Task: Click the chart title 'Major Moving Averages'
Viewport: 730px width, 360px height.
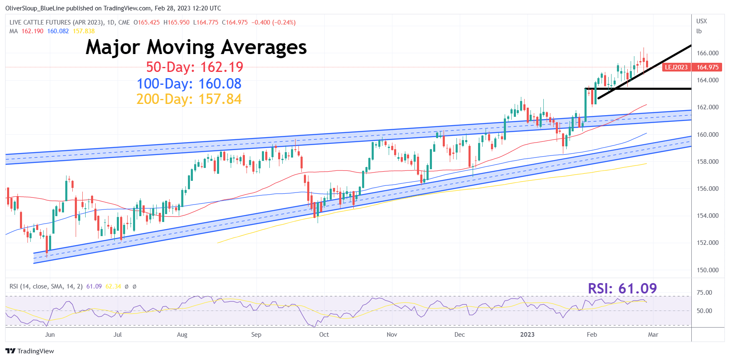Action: tap(196, 47)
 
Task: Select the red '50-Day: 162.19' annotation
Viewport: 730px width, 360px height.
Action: tap(194, 67)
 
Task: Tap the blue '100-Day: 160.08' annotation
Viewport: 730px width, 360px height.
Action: tap(189, 84)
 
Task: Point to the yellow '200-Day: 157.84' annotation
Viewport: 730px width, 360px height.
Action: tap(189, 99)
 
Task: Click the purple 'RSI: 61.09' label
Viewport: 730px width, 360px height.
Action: tap(622, 288)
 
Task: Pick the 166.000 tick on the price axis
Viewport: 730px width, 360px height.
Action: tap(708, 53)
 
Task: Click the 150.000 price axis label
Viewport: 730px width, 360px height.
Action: tap(708, 270)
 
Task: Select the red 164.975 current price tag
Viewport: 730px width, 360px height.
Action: tap(708, 67)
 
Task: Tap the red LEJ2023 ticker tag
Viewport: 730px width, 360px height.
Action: tap(676, 67)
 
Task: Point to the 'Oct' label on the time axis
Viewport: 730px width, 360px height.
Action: tap(324, 335)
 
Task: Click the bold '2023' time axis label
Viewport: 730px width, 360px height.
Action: tap(527, 335)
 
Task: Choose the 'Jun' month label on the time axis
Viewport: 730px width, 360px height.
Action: tap(50, 335)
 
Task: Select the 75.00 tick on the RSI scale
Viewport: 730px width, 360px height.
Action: tap(704, 293)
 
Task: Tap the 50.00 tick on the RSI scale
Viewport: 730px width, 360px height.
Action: tap(704, 311)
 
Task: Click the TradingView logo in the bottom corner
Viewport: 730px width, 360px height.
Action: tap(30, 351)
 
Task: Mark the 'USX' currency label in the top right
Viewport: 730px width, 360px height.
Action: tap(701, 21)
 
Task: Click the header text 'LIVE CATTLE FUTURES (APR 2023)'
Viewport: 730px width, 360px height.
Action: tap(57, 22)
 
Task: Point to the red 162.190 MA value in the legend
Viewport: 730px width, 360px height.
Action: tap(32, 31)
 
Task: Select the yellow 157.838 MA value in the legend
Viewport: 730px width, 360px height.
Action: tap(84, 31)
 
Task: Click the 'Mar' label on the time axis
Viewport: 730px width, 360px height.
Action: tap(653, 335)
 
